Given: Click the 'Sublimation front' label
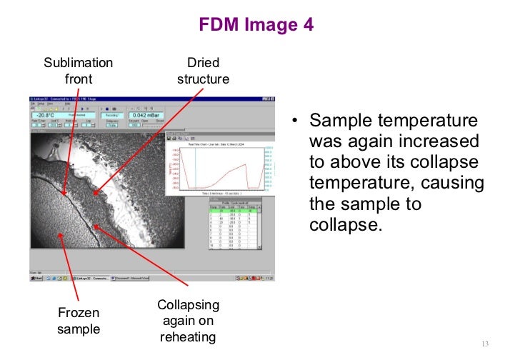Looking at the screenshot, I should tap(78, 70).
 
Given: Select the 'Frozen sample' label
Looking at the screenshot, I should tap(79, 321).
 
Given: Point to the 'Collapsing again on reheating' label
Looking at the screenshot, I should tap(188, 320).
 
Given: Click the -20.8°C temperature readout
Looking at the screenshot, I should tap(46, 114).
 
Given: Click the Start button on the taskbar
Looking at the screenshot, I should tap(36, 278).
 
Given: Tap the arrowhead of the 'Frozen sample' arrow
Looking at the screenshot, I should tap(59, 233).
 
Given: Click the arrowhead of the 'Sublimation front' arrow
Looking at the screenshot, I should tap(64, 194).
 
